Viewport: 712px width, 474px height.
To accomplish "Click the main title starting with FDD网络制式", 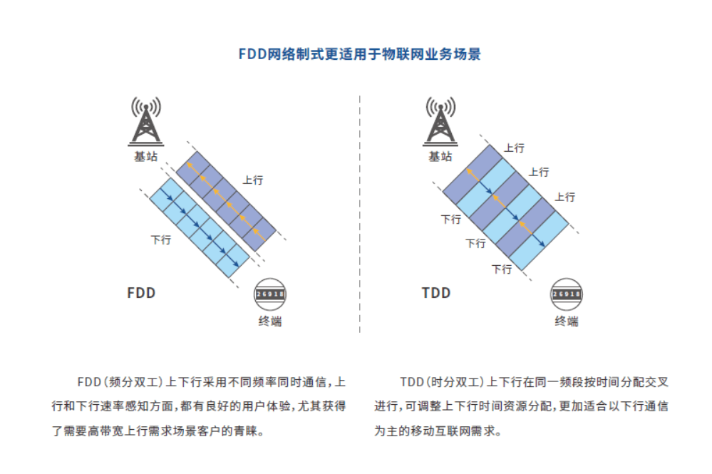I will (x=359, y=55).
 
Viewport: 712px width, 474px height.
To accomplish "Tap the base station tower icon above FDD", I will (x=145, y=121).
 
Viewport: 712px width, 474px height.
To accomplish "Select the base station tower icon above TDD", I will (x=440, y=121).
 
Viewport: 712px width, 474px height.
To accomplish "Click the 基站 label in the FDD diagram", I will (x=145, y=156).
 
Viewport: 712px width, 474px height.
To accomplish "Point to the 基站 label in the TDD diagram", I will (x=440, y=156).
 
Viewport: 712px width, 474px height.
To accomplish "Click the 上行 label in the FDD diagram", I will (x=253, y=180).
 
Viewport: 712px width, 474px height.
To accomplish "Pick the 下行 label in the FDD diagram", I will (x=161, y=240).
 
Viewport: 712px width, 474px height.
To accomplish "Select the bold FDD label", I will (x=141, y=293).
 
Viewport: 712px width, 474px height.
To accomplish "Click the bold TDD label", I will (x=436, y=293).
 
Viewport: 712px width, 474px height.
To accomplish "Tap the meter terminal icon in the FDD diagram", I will (x=269, y=294).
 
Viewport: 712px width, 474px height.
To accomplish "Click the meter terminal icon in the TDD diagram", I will (x=566, y=294).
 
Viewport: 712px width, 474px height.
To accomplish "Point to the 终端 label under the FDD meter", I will (x=269, y=321).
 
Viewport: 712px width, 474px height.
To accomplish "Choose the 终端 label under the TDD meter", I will (x=566, y=321).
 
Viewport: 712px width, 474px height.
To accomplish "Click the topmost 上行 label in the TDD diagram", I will (x=514, y=148).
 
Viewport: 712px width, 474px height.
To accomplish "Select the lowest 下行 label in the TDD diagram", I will (x=502, y=269).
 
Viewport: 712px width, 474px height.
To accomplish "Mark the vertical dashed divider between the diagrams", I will (x=359, y=214).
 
